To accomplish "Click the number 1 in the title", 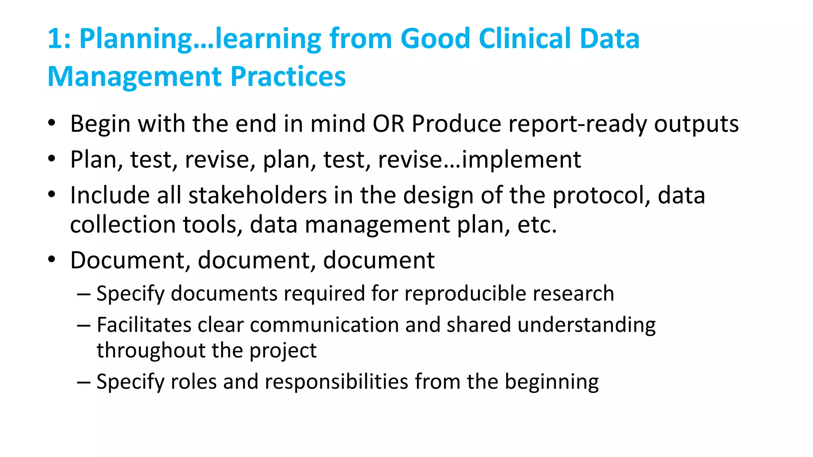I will pos(55,39).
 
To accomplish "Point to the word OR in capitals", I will pos(388,124).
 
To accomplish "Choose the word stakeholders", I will pos(257,196).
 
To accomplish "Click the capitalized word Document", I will pos(127,261).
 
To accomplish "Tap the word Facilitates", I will pos(144,325).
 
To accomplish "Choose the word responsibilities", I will pos(337,382).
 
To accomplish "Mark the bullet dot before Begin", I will pos(52,123).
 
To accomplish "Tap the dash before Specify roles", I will pos(84,382).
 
